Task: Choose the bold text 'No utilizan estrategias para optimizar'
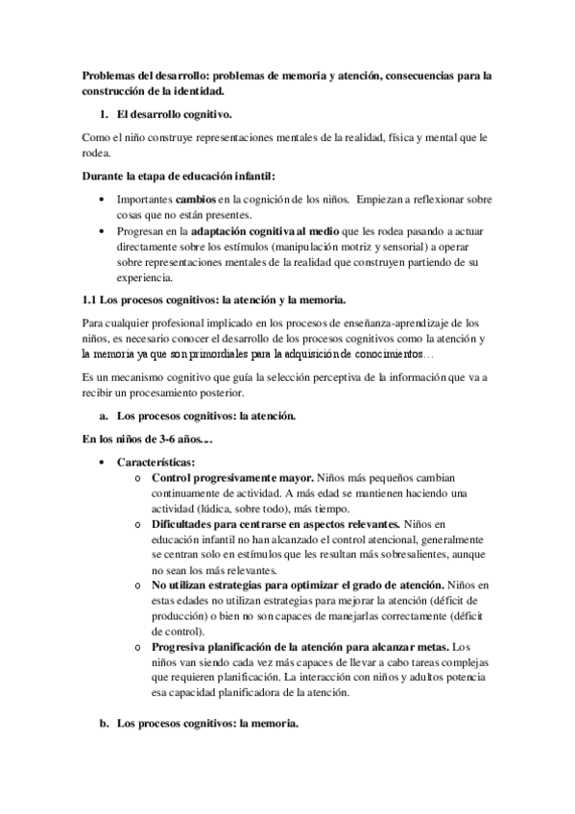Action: pyautogui.click(x=261, y=585)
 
